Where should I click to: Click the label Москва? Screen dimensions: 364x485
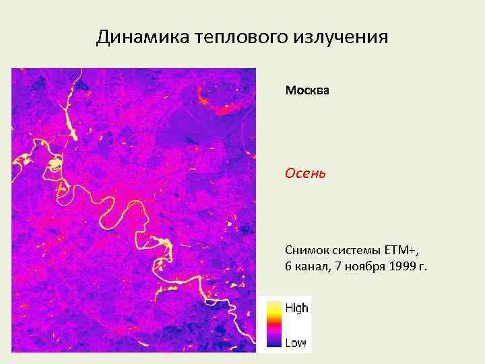pyautogui.click(x=307, y=90)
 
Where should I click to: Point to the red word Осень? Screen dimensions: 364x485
pyautogui.click(x=305, y=173)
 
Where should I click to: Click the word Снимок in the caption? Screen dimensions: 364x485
pyautogui.click(x=306, y=252)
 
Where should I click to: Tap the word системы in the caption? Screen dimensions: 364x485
pyautogui.click(x=357, y=252)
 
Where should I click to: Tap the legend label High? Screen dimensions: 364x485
pyautogui.click(x=296, y=308)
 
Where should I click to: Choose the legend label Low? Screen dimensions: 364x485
pyautogui.click(x=295, y=342)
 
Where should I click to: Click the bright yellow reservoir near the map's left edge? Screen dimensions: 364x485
pyautogui.click(x=22, y=161)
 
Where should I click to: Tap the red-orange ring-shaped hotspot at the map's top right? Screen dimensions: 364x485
pyautogui.click(x=216, y=104)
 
